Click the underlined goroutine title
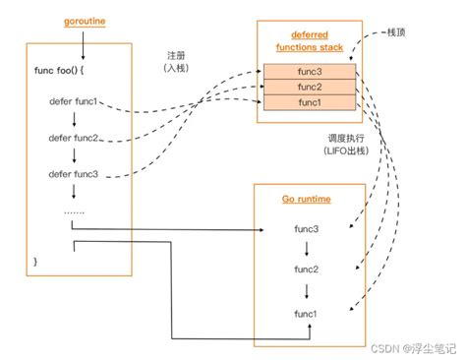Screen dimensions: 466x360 (85, 22)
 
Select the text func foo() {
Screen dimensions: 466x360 (59, 71)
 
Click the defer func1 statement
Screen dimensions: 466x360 (74, 101)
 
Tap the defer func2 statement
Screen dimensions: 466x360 (74, 138)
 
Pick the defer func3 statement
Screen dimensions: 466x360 (74, 174)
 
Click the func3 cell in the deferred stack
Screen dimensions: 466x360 (310, 72)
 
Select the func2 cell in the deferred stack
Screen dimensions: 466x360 (310, 87)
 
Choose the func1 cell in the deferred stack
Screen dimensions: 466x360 (310, 102)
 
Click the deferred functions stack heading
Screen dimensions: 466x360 (310, 41)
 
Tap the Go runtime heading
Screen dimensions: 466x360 (307, 199)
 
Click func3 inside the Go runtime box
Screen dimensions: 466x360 (307, 229)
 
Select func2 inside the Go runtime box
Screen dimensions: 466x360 (307, 270)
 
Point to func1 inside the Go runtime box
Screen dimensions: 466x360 (306, 314)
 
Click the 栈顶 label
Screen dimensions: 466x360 (396, 32)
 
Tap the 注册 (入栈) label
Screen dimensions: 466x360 (176, 62)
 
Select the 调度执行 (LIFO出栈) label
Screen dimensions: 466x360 (346, 145)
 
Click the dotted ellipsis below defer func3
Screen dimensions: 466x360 (74, 212)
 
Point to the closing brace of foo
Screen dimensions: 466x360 (35, 262)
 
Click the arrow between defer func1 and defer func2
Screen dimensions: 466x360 (74, 119)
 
